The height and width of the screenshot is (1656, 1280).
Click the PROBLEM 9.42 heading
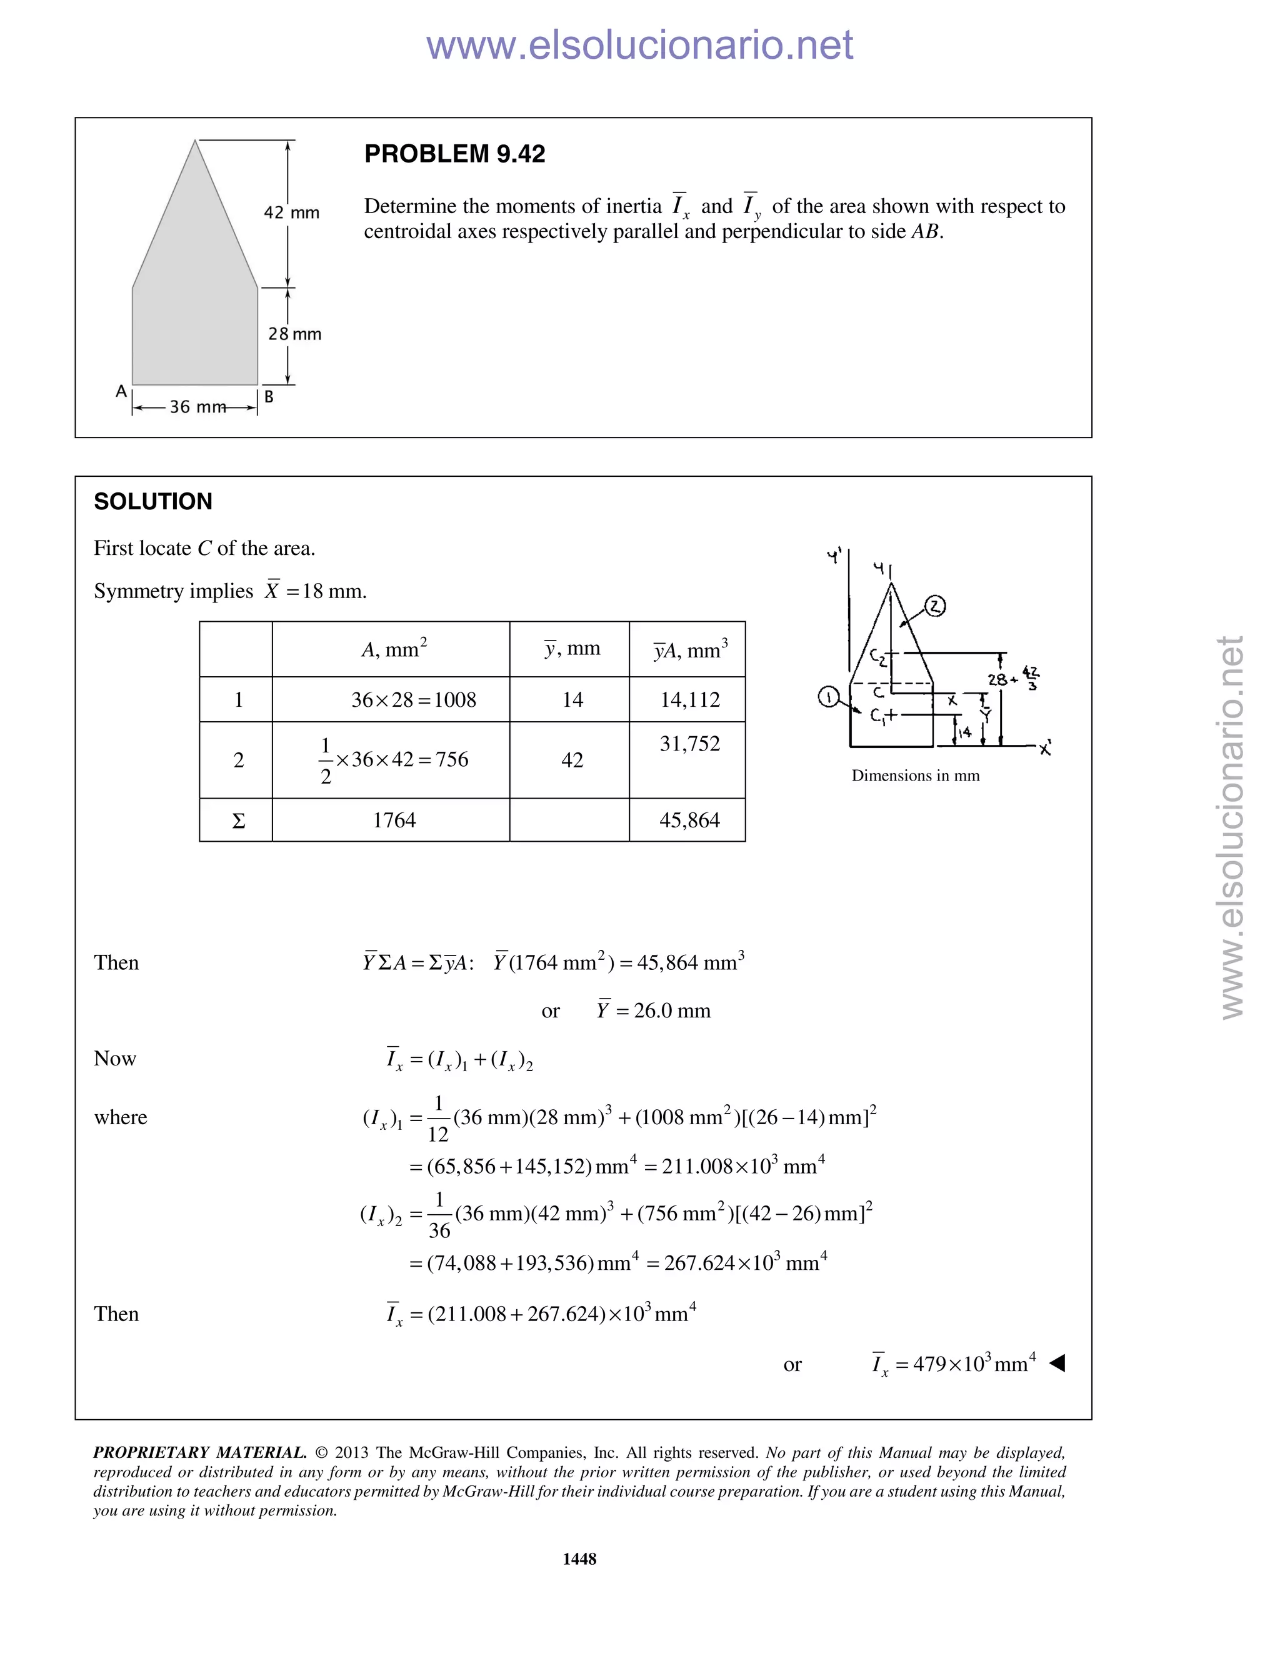click(454, 154)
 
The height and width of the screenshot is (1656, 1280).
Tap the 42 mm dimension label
click(291, 212)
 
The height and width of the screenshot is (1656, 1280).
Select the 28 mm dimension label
click(294, 334)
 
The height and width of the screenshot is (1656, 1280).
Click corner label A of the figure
click(121, 391)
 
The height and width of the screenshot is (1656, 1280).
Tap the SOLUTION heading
click(153, 501)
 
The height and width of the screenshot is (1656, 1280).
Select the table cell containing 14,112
click(689, 699)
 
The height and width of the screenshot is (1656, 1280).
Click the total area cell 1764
click(394, 820)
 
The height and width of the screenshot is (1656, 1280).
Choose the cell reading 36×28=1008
click(413, 699)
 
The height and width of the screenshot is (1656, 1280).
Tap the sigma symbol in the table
click(238, 821)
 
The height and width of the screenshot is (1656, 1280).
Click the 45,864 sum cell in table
click(689, 820)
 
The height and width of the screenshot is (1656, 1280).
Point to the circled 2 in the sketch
click(936, 606)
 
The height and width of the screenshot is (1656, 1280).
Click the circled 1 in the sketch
click(829, 696)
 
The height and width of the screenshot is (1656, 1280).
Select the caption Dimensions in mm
click(915, 775)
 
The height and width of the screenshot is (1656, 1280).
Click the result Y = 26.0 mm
click(653, 1010)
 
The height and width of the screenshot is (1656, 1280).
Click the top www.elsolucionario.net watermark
click(639, 45)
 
